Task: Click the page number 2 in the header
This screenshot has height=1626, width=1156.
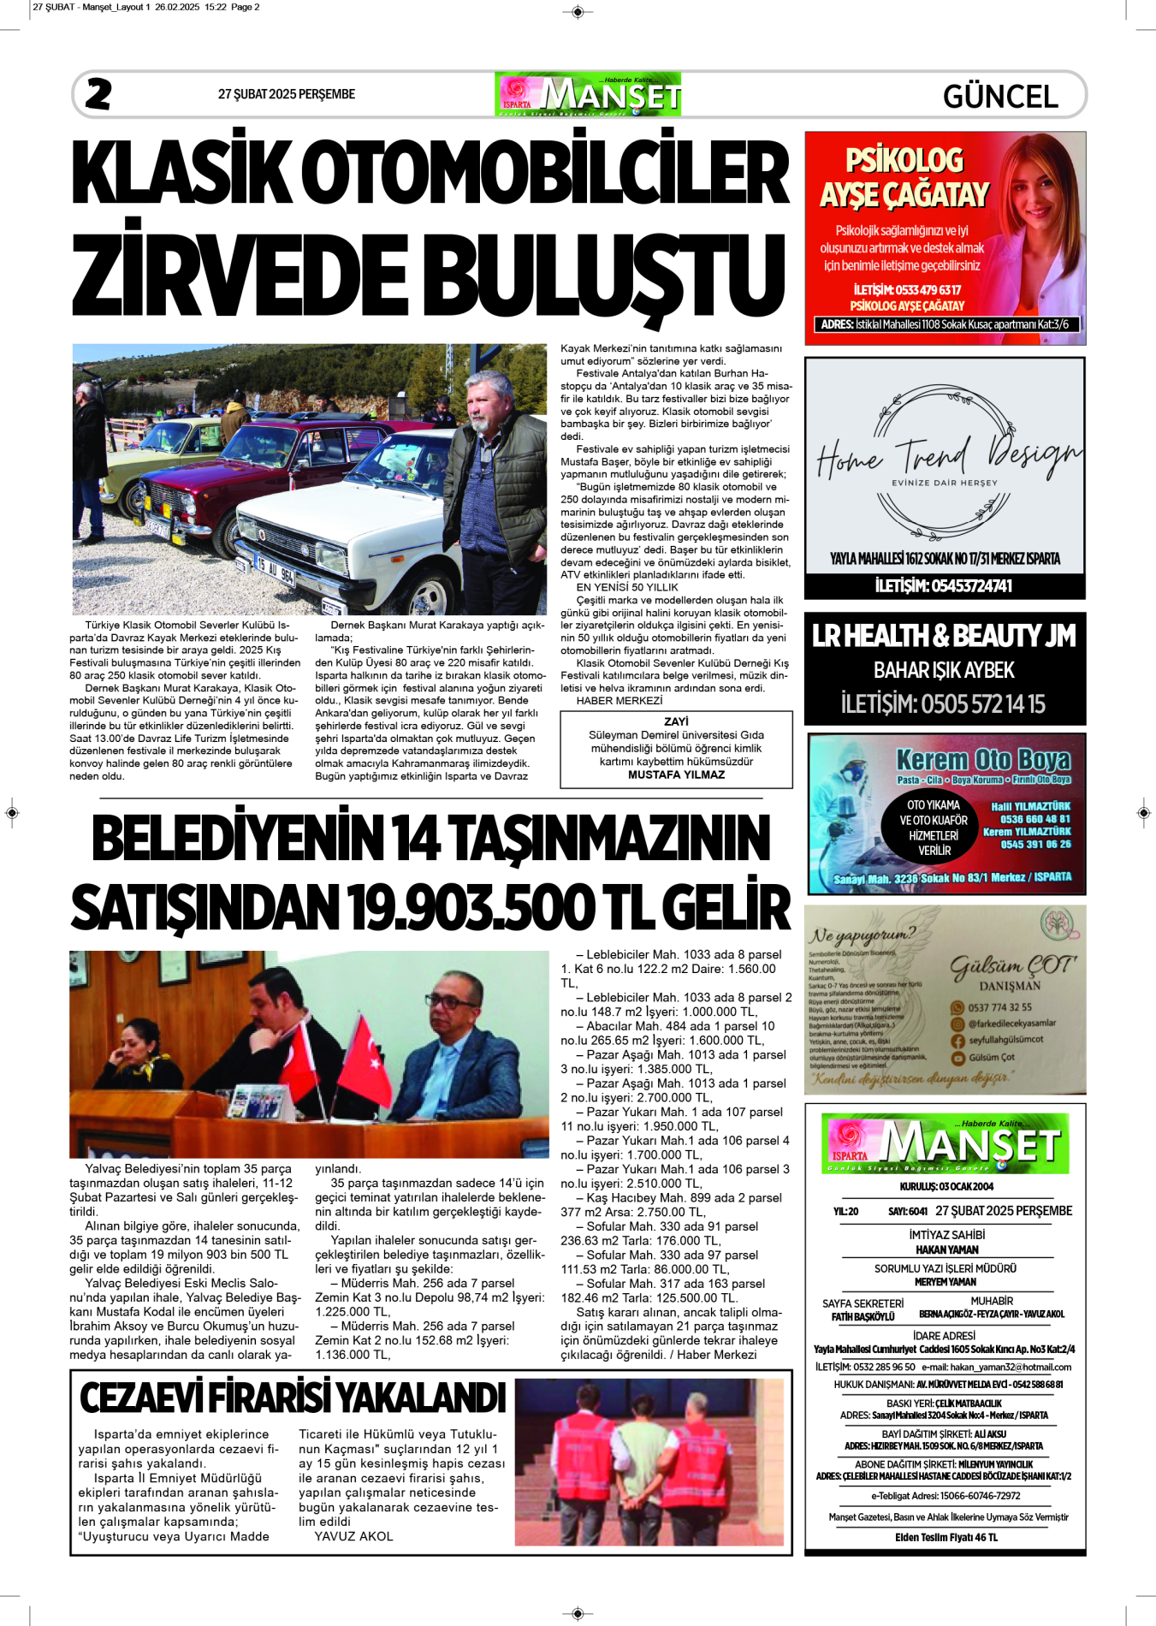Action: [x=98, y=94]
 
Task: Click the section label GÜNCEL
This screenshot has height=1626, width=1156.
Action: [x=999, y=96]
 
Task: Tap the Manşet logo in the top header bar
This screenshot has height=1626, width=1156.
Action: [x=588, y=94]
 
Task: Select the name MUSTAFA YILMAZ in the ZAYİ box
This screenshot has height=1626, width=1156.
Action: [x=676, y=774]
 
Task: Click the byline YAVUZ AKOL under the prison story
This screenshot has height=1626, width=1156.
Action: [x=353, y=1536]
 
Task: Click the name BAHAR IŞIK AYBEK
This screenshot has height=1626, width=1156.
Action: [x=944, y=670]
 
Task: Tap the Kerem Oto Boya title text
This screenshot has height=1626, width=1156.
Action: [x=982, y=759]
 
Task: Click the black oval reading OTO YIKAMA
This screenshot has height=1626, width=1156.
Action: [x=934, y=828]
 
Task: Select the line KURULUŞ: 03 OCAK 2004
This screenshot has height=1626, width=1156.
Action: [x=946, y=1186]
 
